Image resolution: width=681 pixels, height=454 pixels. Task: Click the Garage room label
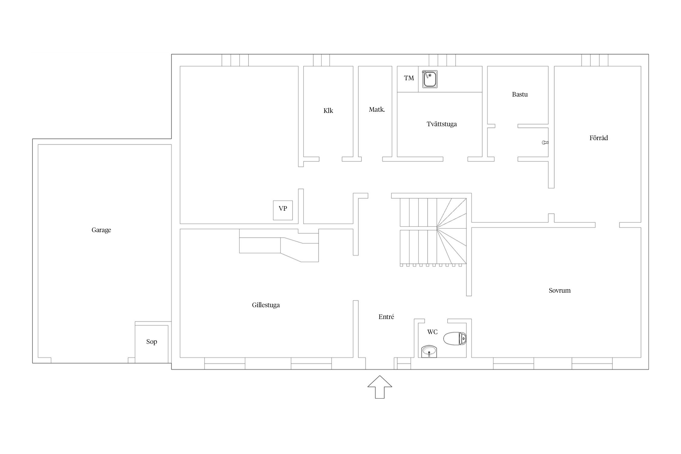(101, 230)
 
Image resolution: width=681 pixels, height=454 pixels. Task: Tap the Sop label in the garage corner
(152, 342)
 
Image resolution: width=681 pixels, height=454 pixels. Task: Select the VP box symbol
(283, 210)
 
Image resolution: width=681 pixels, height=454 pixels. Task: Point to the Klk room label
(328, 111)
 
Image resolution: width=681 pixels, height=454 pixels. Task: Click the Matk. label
(377, 110)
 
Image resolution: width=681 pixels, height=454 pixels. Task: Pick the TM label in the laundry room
(409, 78)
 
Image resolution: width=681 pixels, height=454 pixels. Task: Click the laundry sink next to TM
(430, 79)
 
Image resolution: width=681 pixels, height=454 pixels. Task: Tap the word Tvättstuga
(442, 124)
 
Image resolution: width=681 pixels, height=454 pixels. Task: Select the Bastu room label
(520, 94)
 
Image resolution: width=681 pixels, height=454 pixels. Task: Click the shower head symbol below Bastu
(545, 142)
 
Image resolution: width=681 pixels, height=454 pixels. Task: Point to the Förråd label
(598, 138)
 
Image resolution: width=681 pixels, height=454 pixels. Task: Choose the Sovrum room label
(560, 291)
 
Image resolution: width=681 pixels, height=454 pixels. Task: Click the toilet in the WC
(455, 338)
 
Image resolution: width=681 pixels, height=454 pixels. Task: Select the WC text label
(432, 332)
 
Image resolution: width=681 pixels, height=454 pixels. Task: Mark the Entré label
(386, 317)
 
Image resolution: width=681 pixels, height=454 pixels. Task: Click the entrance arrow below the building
(380, 387)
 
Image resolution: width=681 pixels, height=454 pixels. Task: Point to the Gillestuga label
(266, 305)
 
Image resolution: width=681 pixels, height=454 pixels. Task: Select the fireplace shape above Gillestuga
(279, 245)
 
